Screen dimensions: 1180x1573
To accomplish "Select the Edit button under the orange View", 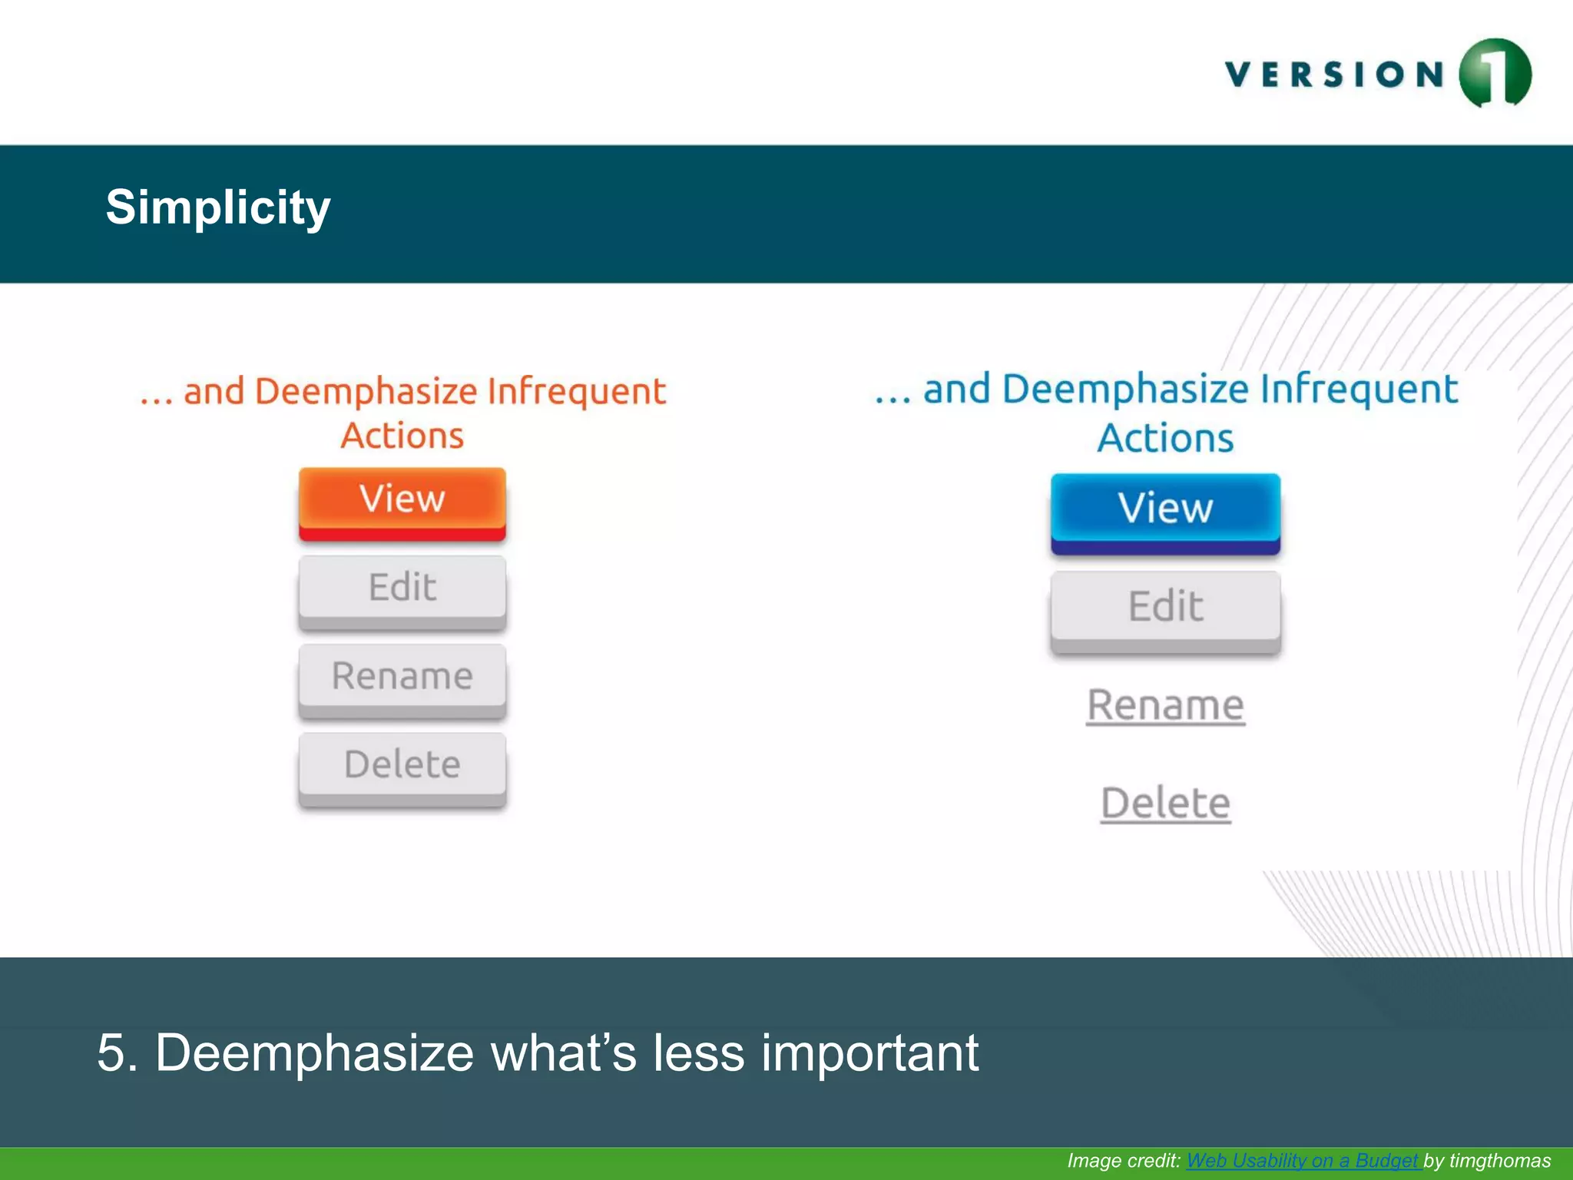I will coord(402,588).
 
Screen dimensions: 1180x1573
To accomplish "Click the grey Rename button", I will coord(402,677).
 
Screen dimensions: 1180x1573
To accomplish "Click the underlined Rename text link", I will coord(1165,705).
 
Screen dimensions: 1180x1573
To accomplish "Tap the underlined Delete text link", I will coord(1165,804).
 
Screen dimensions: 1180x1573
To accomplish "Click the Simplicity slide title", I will coord(218,207).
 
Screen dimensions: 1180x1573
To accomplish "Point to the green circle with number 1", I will coord(1495,74).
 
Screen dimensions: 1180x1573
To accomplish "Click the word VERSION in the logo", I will coord(1335,75).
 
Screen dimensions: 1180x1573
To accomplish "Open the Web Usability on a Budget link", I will coord(1303,1161).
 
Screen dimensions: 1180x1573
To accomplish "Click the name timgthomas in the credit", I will coord(1499,1161).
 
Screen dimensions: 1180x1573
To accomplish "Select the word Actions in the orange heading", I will coord(402,436).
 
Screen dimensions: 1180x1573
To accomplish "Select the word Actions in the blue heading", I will coord(1165,439).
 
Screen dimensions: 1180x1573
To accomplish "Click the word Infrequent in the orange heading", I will coord(576,392).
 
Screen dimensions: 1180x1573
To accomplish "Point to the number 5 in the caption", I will coord(111,1052).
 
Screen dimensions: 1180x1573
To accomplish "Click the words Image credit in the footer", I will coord(1123,1161).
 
